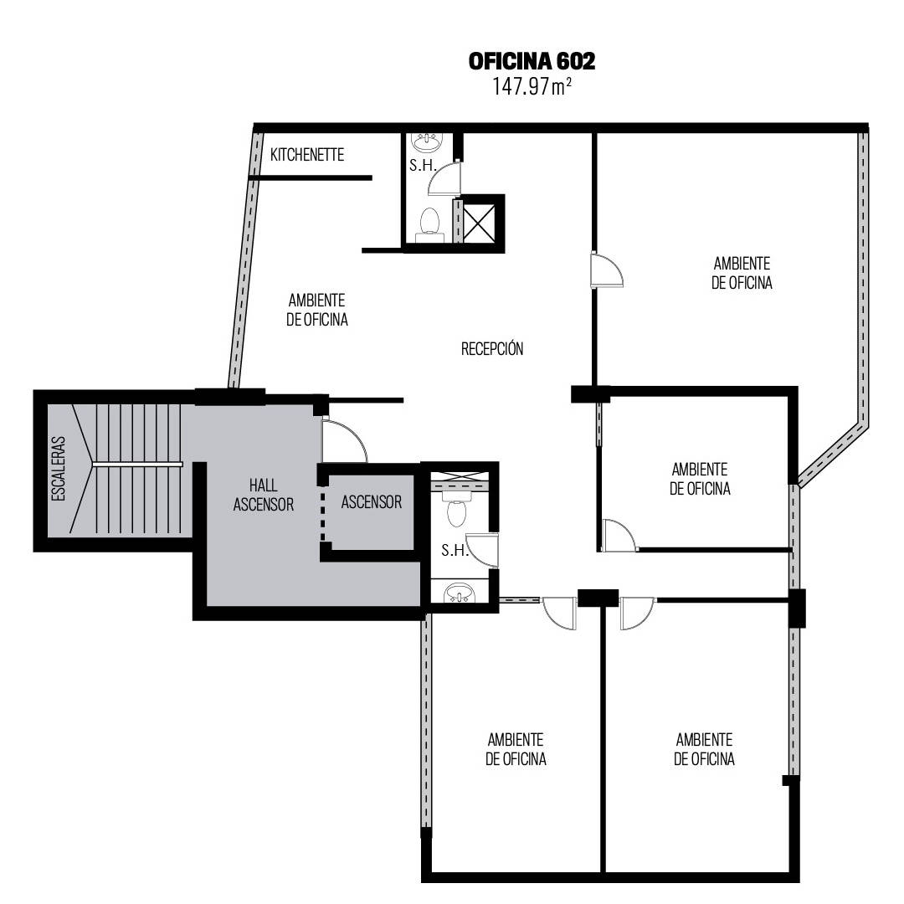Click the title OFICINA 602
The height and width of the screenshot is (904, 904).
[531, 61]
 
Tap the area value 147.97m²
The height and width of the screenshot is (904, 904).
[532, 87]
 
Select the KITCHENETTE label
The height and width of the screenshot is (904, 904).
[307, 155]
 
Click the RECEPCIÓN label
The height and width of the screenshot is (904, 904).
[492, 348]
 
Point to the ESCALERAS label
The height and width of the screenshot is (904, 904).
[59, 468]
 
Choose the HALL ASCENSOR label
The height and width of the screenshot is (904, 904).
[264, 495]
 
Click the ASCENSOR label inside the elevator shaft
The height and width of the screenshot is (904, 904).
[372, 502]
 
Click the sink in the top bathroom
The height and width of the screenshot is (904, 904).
[427, 141]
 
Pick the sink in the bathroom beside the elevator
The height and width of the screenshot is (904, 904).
[460, 592]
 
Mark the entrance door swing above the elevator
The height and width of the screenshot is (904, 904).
[344, 439]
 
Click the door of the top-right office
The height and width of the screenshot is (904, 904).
[607, 270]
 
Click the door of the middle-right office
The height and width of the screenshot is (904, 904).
[619, 535]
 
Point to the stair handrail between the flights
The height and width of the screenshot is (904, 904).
[138, 464]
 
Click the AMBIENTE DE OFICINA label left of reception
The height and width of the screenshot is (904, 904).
[317, 310]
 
